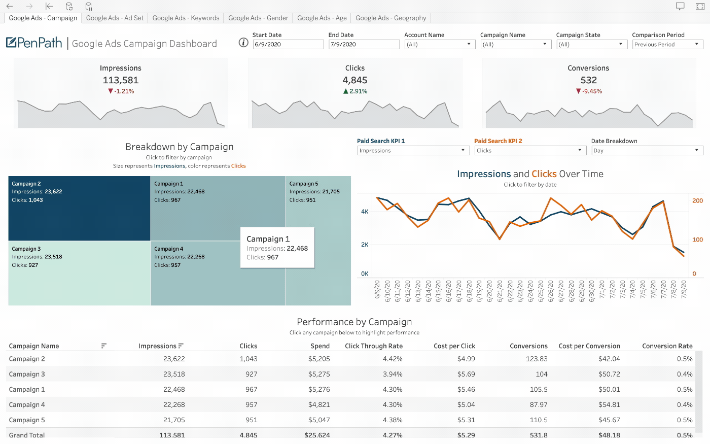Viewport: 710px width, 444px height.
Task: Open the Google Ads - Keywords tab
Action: (186, 18)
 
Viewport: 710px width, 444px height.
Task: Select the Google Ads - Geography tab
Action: (390, 18)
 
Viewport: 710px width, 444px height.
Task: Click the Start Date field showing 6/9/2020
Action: (288, 45)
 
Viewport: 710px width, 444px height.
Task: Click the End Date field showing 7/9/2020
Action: (364, 45)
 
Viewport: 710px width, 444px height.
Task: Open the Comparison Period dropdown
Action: (667, 45)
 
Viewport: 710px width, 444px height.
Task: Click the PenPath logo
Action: (34, 43)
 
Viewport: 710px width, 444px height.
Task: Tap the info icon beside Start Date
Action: (243, 43)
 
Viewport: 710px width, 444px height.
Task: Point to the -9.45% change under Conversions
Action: (589, 91)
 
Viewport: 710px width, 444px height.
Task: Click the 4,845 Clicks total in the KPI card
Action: (355, 80)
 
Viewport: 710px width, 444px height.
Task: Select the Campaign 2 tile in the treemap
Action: (79, 208)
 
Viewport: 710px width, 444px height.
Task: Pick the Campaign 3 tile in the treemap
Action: (79, 273)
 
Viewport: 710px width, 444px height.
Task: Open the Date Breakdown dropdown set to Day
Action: (647, 151)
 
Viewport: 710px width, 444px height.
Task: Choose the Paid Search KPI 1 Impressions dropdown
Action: (413, 151)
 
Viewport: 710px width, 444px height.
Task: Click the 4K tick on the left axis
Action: (365, 212)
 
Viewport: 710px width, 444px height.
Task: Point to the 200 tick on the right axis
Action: (698, 201)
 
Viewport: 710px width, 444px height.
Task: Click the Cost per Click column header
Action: (454, 346)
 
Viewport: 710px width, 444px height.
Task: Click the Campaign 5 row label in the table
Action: (27, 420)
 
